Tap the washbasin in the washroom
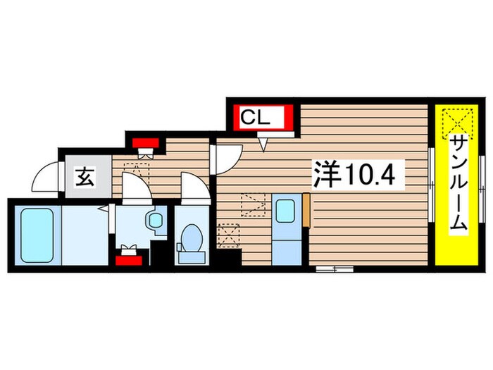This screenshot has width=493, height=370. (154, 220)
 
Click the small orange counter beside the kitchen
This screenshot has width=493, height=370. (306, 212)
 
